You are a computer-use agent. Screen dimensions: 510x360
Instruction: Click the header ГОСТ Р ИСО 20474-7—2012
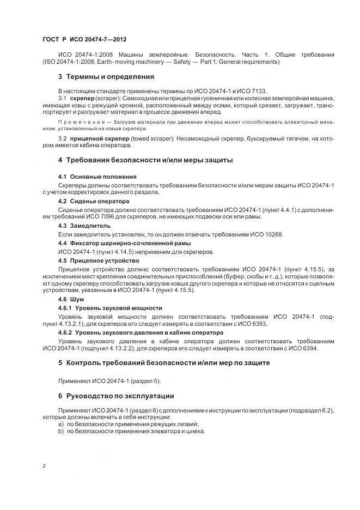[x=84, y=40]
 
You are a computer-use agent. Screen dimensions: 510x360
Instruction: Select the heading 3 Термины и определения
[x=106, y=76]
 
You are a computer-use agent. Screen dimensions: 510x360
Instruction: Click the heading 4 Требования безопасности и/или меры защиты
[x=145, y=160]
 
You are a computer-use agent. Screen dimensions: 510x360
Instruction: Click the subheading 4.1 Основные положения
[x=97, y=177]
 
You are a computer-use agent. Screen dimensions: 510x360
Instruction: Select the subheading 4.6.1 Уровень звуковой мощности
[x=110, y=308]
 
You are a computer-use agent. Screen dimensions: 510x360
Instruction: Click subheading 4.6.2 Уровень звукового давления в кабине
[x=141, y=332]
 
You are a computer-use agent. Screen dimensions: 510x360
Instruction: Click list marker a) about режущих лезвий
[x=60, y=424]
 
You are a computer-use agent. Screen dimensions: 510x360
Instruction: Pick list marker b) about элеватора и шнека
[x=60, y=431]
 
